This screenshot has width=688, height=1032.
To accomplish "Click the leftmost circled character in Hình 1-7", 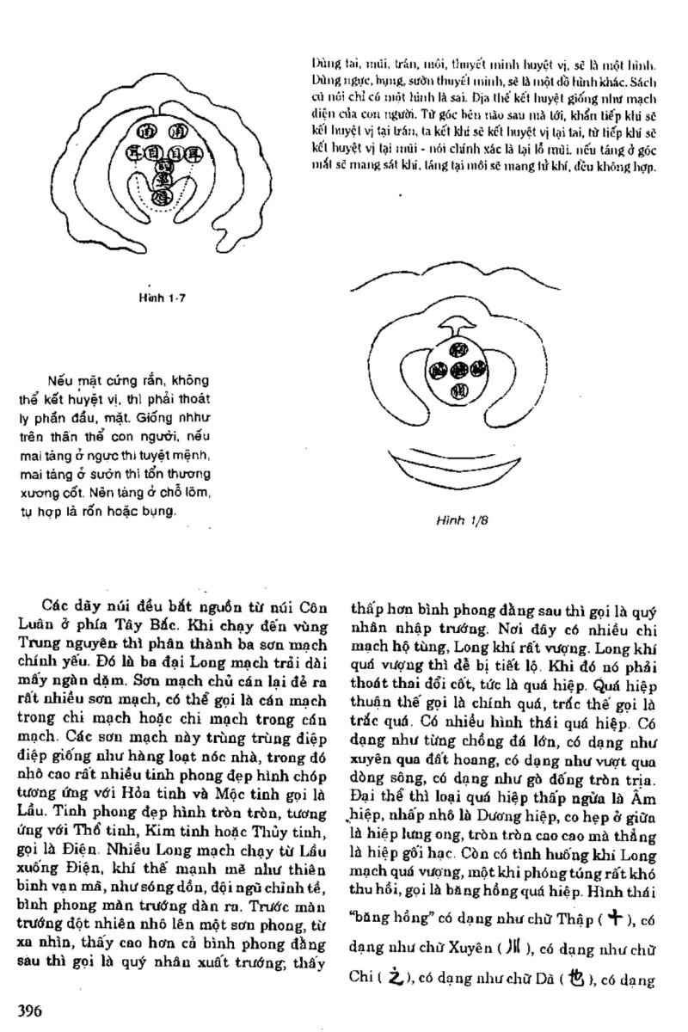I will point(133,153).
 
